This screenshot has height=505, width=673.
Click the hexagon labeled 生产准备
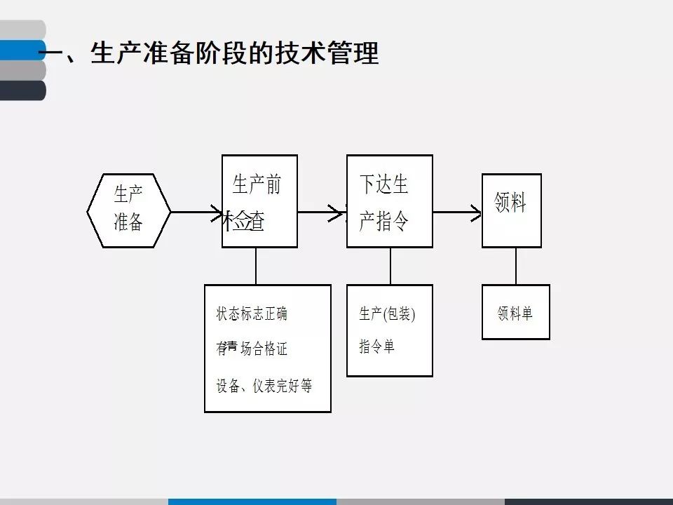coord(128,210)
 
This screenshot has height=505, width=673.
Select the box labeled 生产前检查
coord(259,201)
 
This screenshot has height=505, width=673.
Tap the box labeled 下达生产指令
coord(389,201)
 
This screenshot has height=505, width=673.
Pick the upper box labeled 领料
coord(511,210)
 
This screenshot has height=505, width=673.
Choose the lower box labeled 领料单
coord(515,312)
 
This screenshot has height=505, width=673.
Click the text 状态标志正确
coord(252,314)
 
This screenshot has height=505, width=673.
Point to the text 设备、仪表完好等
coord(264,386)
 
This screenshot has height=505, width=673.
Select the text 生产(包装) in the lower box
coord(387,314)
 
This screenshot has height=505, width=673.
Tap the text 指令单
coord(376,346)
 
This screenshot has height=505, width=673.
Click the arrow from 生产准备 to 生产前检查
coord(196,211)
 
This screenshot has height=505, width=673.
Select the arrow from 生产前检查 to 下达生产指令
coord(321,211)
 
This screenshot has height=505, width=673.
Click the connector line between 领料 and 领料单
coord(516,266)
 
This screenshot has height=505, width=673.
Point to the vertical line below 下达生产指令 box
coord(390,266)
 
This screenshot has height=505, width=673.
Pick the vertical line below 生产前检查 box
coord(256,266)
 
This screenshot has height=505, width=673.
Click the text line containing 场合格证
coord(252,349)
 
